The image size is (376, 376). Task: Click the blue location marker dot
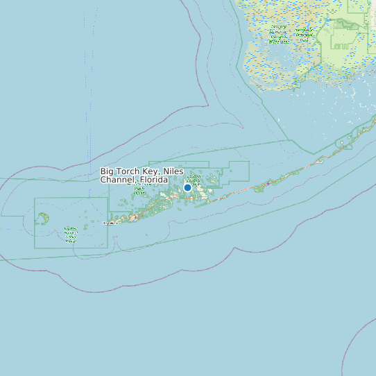[x=187, y=187]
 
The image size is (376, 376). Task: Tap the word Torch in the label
[x=132, y=171]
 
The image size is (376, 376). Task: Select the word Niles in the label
[x=173, y=171]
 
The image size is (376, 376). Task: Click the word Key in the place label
[x=153, y=171]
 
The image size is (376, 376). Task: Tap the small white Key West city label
[x=111, y=223]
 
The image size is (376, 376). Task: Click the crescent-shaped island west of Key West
[x=43, y=219]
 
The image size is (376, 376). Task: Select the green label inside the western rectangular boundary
[x=70, y=234]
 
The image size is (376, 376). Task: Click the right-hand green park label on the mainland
[x=303, y=34]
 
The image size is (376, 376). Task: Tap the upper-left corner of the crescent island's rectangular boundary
[x=35, y=198]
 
